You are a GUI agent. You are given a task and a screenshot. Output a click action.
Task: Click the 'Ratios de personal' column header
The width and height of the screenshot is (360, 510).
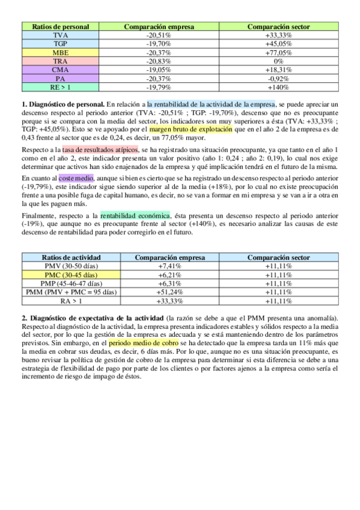coord(60,27)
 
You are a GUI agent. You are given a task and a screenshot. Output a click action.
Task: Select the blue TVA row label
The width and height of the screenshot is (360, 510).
coord(60,35)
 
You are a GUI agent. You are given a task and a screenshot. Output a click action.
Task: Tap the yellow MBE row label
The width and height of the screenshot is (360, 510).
coord(60,53)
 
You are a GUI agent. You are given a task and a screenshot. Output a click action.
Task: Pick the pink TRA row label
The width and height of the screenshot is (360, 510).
coord(60,61)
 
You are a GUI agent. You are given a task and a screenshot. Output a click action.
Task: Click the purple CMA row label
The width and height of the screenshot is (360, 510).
coord(60,70)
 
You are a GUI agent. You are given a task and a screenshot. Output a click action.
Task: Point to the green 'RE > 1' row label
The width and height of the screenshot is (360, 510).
coord(60,87)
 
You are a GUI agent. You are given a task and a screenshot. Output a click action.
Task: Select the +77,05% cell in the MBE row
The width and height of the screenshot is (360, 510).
coord(278,53)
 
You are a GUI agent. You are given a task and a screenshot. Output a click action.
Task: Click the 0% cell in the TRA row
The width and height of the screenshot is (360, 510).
coord(278,61)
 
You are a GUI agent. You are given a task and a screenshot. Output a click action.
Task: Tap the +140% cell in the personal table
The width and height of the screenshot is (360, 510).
coord(278,87)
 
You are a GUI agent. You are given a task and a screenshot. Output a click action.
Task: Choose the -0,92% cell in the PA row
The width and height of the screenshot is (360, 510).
coord(278,78)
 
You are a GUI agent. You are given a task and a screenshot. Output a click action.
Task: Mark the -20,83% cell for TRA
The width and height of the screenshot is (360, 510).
coord(159,61)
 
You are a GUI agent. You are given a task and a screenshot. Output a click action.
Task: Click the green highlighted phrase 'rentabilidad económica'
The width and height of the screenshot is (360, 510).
coord(135,215)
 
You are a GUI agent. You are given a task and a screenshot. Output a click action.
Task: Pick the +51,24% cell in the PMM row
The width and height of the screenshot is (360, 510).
coord(170,292)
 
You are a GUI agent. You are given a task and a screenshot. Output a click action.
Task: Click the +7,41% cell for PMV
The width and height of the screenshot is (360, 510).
coord(170,266)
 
